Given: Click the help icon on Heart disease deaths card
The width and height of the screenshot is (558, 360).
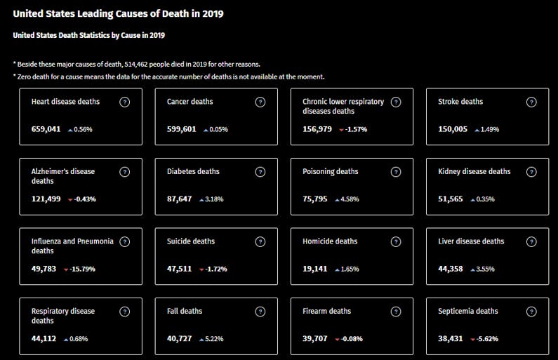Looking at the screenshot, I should coord(124,102).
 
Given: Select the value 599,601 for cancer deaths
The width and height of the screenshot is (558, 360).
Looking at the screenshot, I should coord(181,129).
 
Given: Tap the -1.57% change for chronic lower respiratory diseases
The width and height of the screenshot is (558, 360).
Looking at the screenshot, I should coord(356,129).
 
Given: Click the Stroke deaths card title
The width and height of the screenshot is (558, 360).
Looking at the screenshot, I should coord(460,102).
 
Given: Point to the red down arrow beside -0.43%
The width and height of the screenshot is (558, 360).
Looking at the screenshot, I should coord(70,199).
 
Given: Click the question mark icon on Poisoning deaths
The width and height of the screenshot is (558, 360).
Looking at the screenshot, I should coord(395,172).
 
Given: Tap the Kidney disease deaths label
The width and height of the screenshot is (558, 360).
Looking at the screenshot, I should coord(474,171).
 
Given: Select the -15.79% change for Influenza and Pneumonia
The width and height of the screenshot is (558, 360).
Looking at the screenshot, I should coord(83,269).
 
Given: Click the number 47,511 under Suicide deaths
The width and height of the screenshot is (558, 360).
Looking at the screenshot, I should coord(179,269).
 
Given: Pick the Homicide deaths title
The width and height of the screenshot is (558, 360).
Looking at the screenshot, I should coord(330,241).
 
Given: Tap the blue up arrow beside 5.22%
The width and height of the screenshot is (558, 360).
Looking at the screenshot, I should coord(201,339).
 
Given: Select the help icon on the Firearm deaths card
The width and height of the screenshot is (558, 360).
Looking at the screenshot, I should coord(395,312).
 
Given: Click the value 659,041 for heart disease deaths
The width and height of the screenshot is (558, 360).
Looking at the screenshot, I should coord(46,129).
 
